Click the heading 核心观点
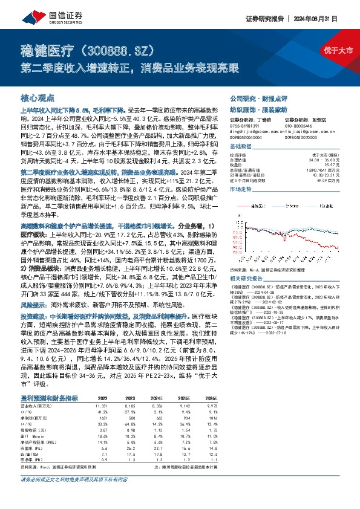pyautogui.click(x=38, y=97)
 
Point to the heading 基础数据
pyautogui.click(x=241, y=147)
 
